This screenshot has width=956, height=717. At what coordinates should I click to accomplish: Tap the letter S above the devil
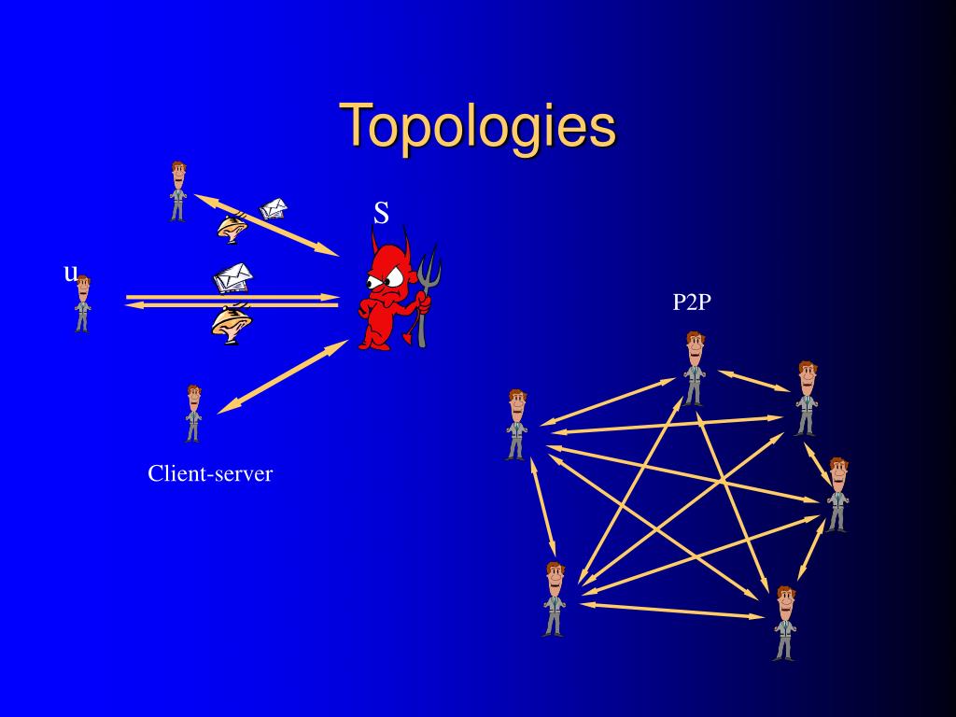tap(381, 214)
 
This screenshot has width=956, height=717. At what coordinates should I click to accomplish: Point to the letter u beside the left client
tap(70, 273)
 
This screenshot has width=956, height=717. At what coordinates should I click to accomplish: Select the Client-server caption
tap(210, 473)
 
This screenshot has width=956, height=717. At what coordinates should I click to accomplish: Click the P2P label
tap(692, 302)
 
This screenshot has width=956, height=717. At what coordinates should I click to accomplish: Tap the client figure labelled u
tap(83, 303)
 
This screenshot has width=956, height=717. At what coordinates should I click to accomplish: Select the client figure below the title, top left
tap(177, 191)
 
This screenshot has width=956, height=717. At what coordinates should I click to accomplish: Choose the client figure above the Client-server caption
tap(193, 413)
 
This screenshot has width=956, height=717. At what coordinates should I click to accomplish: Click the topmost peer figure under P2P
tap(694, 368)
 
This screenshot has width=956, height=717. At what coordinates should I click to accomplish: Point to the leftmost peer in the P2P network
tap(516, 425)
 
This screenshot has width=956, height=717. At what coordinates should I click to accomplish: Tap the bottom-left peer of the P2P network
tap(554, 598)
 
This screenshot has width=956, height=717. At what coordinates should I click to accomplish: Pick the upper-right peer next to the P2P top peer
tap(807, 398)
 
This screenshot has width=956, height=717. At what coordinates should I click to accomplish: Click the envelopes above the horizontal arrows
tap(232, 277)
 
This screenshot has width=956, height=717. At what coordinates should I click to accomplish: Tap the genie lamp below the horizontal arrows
tap(229, 323)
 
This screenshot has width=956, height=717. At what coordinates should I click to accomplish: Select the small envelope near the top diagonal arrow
tap(273, 208)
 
